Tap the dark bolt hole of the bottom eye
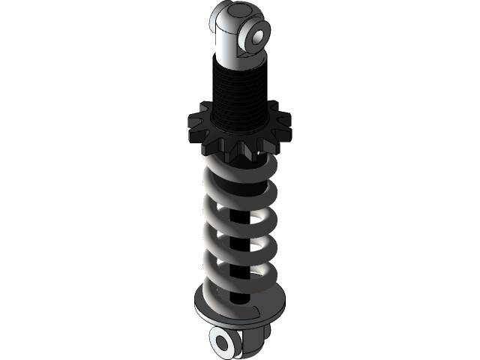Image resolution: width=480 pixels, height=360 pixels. (223, 343)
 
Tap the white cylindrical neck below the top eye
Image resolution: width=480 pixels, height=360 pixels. (229, 52)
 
